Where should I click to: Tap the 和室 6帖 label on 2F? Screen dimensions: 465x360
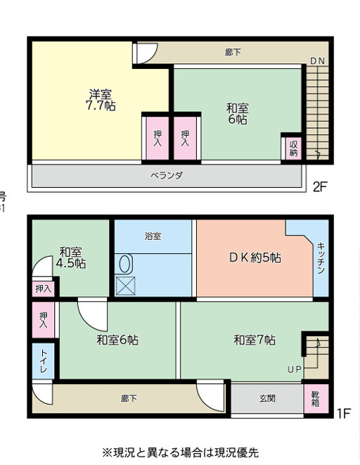point(237,114)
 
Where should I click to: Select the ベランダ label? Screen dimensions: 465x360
point(167,176)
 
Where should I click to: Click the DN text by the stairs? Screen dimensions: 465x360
point(317,61)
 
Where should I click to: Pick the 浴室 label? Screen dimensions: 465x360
point(153,236)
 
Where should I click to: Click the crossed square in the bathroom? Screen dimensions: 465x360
point(125,286)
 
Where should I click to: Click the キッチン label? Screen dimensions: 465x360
point(321,258)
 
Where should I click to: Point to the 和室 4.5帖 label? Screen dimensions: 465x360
point(71,257)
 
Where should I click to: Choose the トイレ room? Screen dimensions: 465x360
point(42,362)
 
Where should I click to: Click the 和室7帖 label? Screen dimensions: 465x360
point(255,340)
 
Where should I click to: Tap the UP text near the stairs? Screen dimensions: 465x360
point(294,369)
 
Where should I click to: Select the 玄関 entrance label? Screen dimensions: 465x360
point(267,398)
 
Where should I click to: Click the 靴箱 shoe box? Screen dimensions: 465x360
point(315,398)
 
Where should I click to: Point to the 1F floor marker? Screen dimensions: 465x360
point(342,414)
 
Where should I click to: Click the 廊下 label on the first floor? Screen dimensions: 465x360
point(129,398)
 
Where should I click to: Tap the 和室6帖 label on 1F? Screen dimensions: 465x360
point(117,340)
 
